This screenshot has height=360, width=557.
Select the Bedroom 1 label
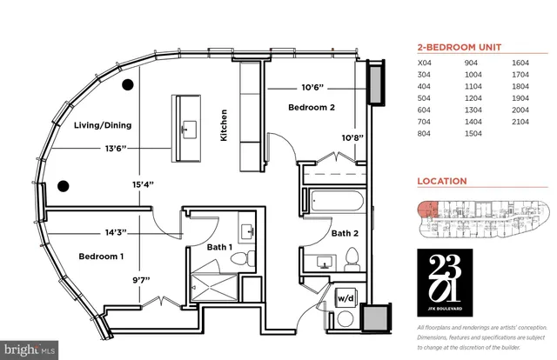point(103,257)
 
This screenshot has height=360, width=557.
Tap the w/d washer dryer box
point(345,299)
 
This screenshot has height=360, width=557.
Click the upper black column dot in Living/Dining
point(128,84)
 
